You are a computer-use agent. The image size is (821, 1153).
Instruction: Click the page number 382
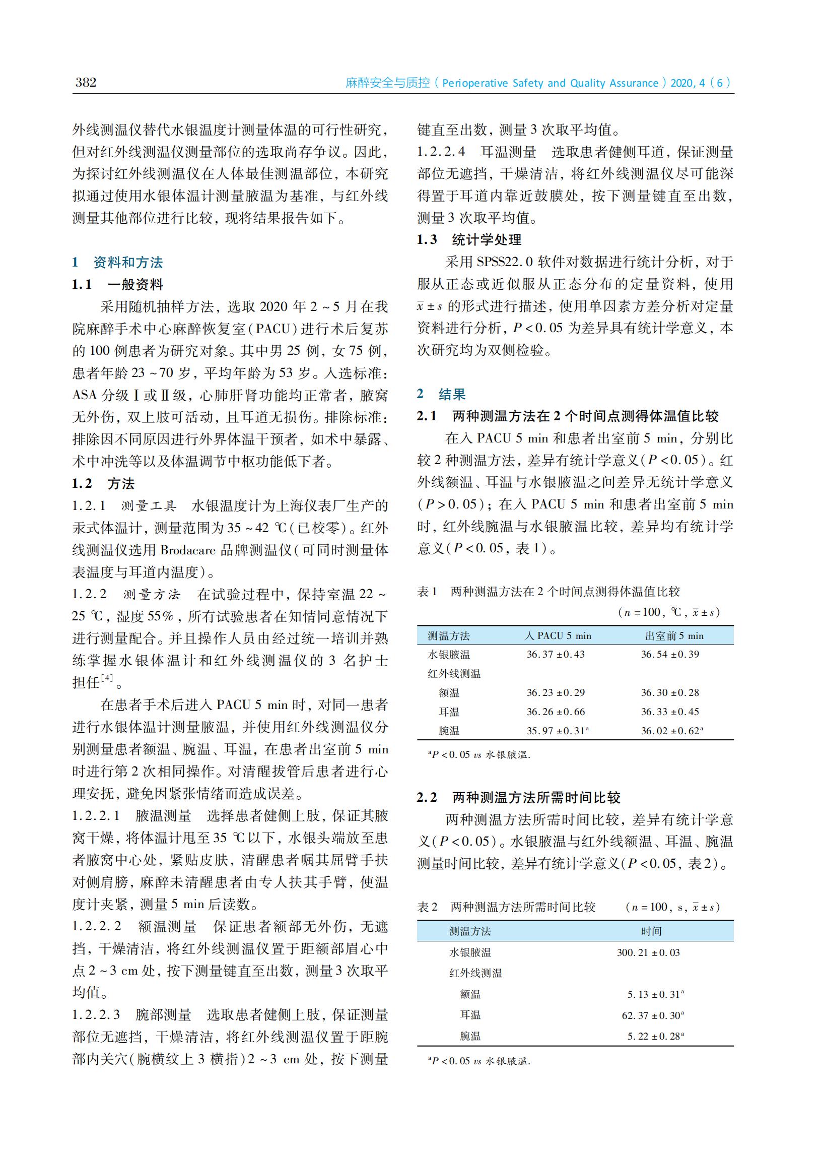coord(86,83)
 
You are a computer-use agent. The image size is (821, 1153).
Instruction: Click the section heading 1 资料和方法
coord(117,262)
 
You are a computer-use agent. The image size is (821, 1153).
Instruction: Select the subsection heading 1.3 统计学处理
coord(468,240)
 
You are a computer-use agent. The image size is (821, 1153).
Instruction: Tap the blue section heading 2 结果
coord(441,394)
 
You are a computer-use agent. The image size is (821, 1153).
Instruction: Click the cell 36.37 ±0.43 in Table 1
coord(555,655)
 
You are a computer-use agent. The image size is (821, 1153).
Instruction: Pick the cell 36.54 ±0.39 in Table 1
coord(670,655)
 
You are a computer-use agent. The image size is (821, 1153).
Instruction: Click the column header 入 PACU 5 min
coord(558,635)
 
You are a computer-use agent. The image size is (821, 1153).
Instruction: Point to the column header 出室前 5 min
coord(674,635)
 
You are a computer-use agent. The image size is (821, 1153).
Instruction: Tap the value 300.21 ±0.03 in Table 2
coord(648,953)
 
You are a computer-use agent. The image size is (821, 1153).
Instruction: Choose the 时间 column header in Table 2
coord(651,931)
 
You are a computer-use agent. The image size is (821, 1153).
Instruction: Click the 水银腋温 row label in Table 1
coord(448,655)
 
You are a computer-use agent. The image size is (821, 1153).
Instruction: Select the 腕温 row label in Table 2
coord(470,1036)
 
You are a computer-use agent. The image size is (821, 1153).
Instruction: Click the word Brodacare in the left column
coord(187,550)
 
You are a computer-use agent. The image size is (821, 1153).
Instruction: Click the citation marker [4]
coord(107,678)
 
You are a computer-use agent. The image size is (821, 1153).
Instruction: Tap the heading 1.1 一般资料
coord(117,284)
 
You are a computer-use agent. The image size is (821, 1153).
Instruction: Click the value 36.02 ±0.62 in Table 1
coord(670,731)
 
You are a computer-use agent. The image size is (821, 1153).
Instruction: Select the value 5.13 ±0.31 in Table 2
coord(653,994)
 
